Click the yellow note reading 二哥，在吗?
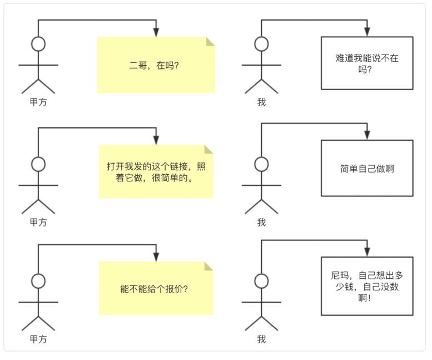pyautogui.click(x=156, y=65)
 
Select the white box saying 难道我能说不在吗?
pyautogui.click(x=367, y=63)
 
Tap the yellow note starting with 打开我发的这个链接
pyautogui.click(x=156, y=172)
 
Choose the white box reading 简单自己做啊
pyautogui.click(x=367, y=168)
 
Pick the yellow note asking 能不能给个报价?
pyautogui.click(x=156, y=289)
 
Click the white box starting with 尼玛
pyautogui.click(x=367, y=286)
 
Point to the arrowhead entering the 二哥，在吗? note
pyautogui.click(x=156, y=32)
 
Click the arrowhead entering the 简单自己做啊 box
pyautogui.click(x=367, y=135)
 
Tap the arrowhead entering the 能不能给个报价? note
pyautogui.click(x=156, y=257)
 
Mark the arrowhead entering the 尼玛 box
pyautogui.click(x=367, y=252)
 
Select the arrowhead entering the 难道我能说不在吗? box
pyautogui.click(x=367, y=32)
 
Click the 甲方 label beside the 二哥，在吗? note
pyautogui.click(x=38, y=102)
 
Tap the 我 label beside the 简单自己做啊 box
pyautogui.click(x=261, y=223)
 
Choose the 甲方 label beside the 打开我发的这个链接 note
pyautogui.click(x=38, y=223)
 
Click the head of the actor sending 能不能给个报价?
pyautogui.click(x=38, y=281)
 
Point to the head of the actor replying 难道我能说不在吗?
pyautogui.click(x=261, y=44)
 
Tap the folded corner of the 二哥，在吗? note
pyautogui.click(x=211, y=41)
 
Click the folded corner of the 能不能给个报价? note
pyautogui.click(x=209, y=266)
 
